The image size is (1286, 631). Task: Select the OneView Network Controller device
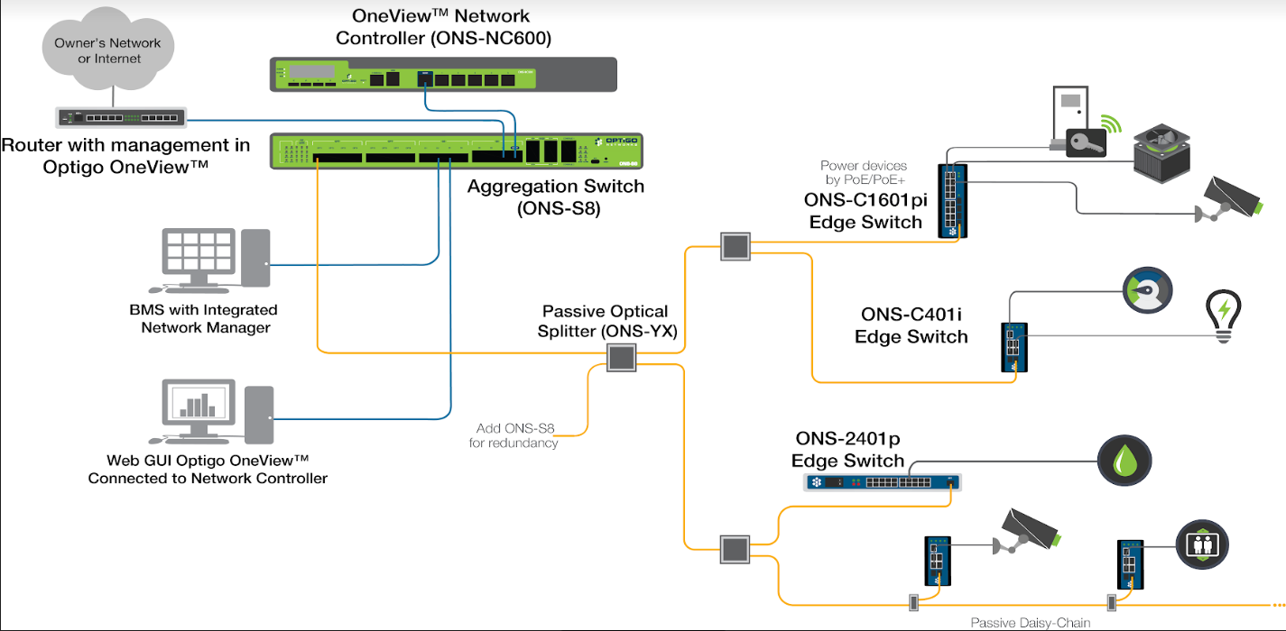(442, 74)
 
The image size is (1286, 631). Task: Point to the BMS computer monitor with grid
(199, 251)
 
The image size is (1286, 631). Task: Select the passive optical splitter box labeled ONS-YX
(622, 358)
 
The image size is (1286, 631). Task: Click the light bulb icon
(1224, 315)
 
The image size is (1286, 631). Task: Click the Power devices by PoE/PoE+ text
(865, 172)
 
